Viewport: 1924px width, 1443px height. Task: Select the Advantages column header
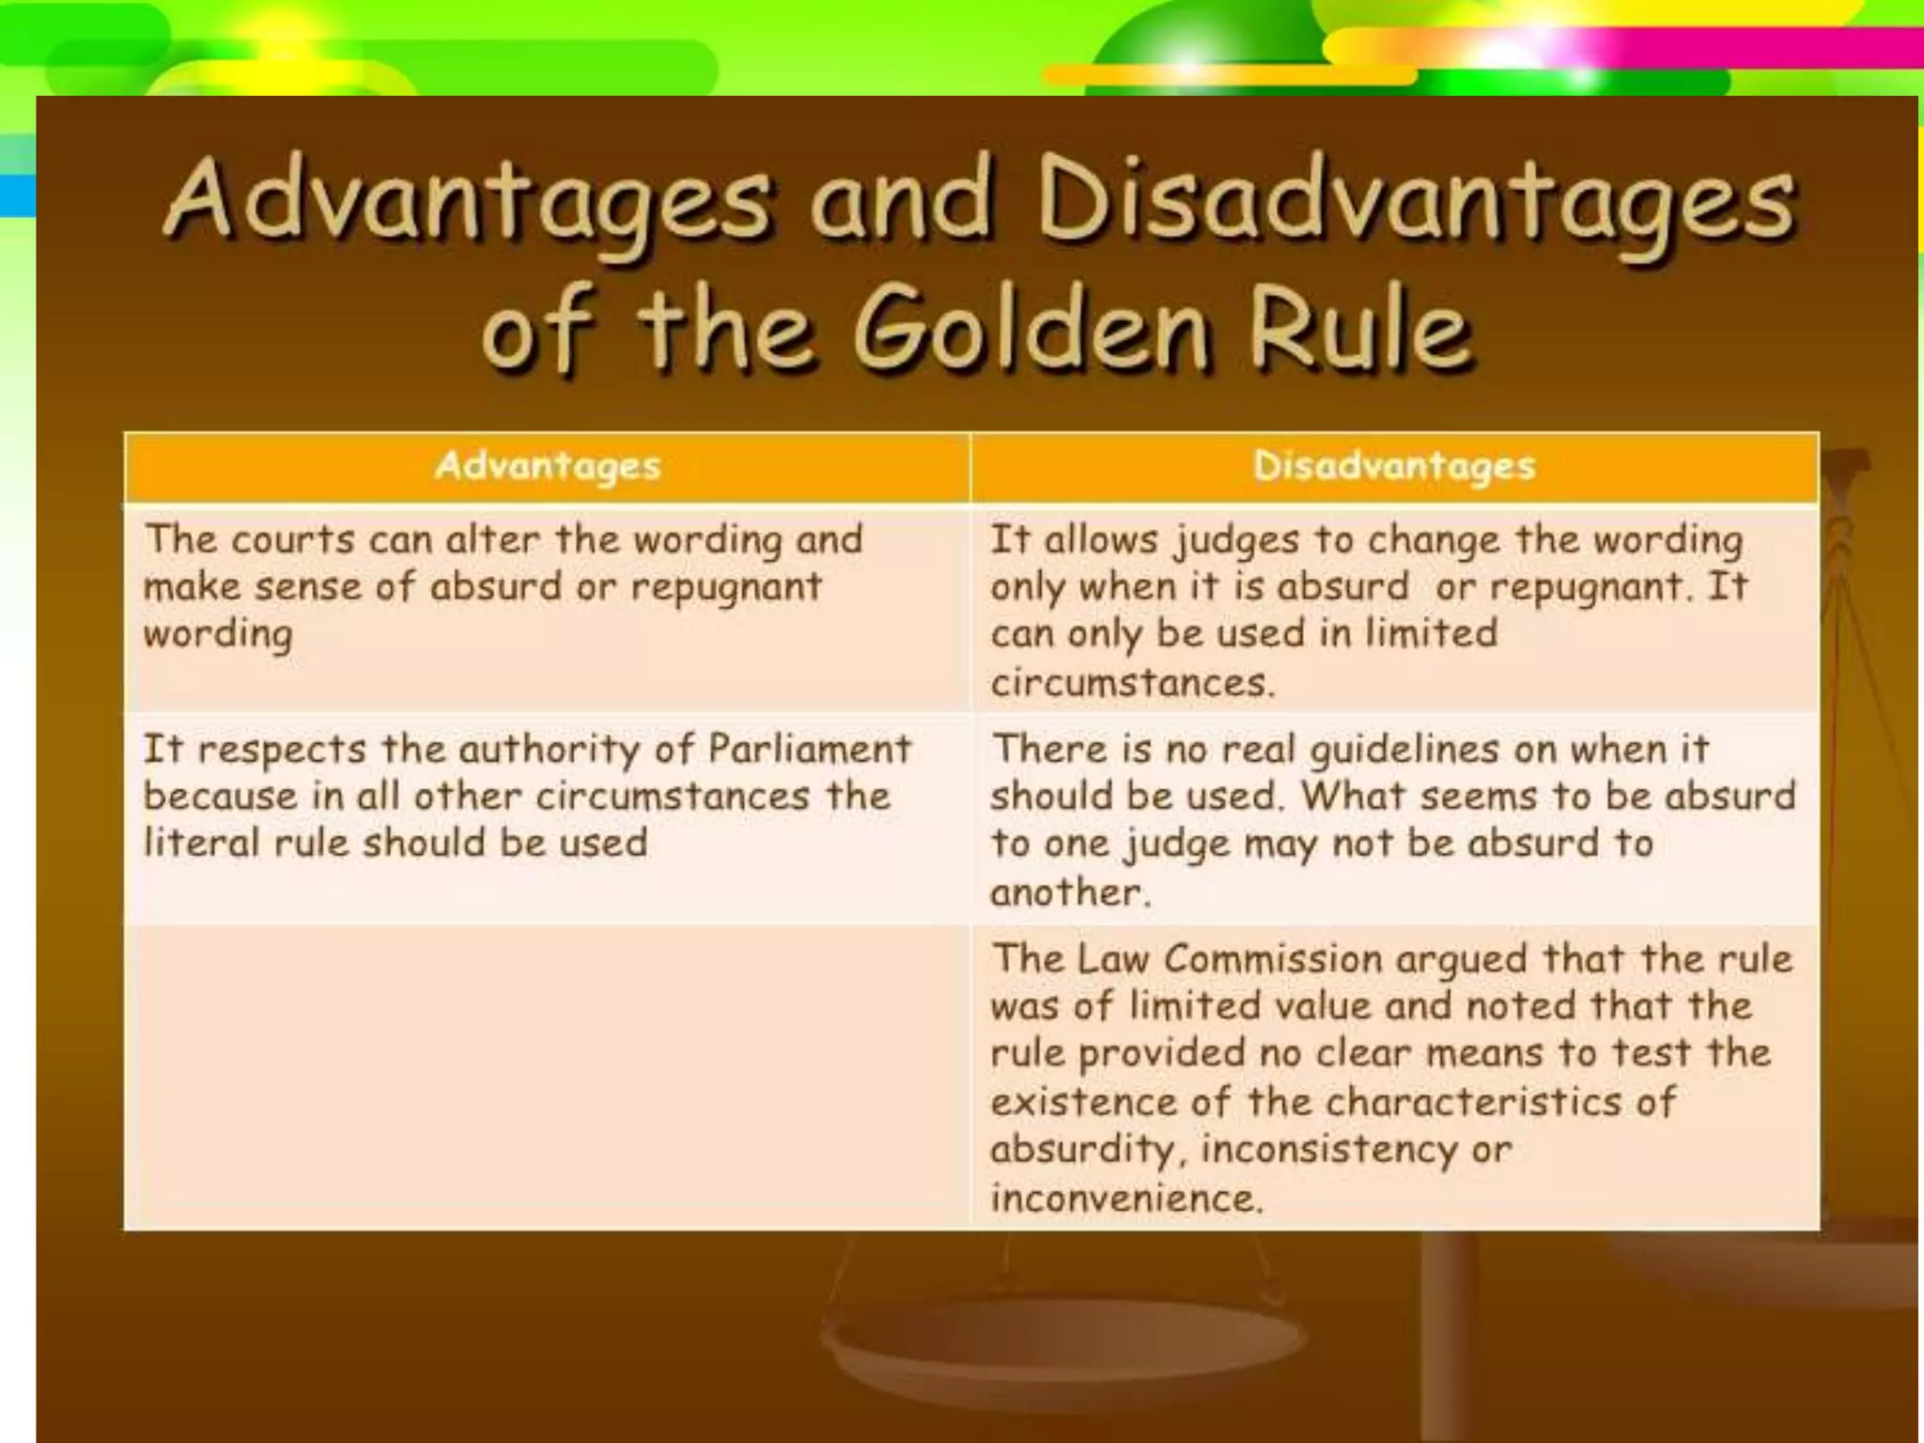click(548, 466)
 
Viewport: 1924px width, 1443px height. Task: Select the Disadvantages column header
click(1394, 466)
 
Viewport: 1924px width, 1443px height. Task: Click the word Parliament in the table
click(809, 750)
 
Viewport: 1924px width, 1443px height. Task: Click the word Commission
click(1272, 959)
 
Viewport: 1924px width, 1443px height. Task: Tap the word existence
click(1082, 1102)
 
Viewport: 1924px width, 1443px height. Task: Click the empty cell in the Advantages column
click(548, 1077)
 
